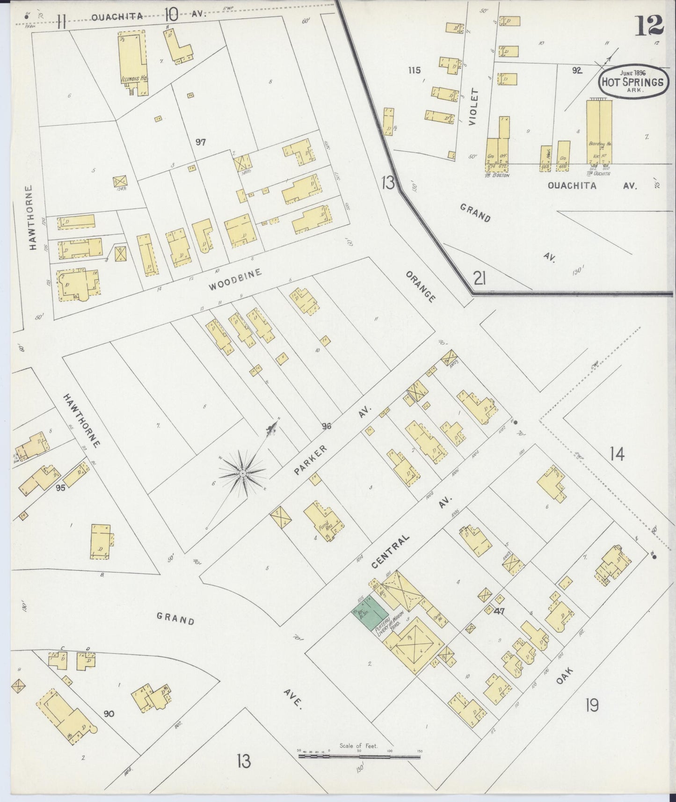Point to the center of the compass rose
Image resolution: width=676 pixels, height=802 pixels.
243,474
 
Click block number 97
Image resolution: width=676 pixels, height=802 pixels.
201,142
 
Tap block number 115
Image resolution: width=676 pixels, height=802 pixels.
414,70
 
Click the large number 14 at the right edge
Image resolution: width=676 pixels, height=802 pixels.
617,453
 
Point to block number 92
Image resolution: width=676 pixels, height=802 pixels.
576,71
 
